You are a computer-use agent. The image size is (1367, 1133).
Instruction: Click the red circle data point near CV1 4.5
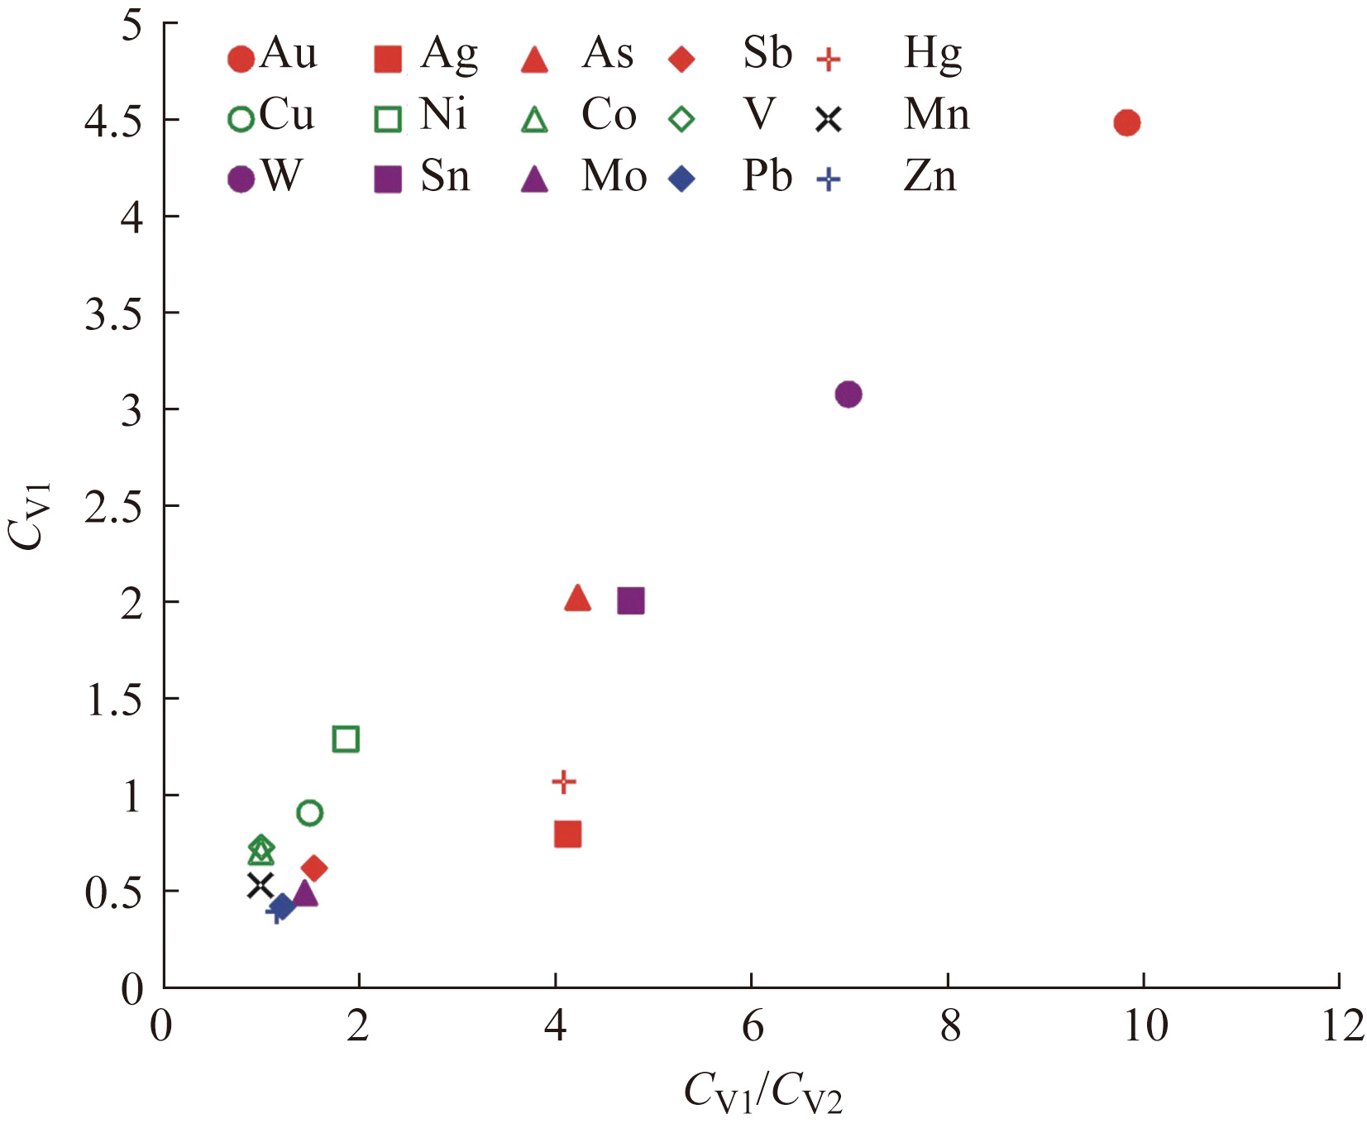1126,123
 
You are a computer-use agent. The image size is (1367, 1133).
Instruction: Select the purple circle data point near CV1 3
848,394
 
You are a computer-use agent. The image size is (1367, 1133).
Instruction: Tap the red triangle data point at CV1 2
577,598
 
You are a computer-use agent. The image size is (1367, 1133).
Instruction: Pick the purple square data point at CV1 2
630,601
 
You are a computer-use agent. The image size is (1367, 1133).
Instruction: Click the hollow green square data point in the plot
346,739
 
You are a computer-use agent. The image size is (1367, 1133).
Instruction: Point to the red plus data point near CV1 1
563,782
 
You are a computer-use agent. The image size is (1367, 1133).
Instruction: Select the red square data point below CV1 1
567,834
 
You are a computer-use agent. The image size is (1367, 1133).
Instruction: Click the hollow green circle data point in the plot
309,813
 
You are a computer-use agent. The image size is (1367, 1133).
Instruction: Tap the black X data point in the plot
260,886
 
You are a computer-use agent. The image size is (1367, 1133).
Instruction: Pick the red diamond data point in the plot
313,868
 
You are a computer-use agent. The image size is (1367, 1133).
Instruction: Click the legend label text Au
288,54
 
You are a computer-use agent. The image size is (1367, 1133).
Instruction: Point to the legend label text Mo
614,176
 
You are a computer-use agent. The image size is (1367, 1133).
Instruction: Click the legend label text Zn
930,176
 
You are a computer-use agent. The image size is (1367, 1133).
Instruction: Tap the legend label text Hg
933,55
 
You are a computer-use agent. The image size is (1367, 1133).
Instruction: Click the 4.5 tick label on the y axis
113,122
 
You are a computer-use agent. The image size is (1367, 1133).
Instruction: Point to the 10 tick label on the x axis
1145,1027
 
